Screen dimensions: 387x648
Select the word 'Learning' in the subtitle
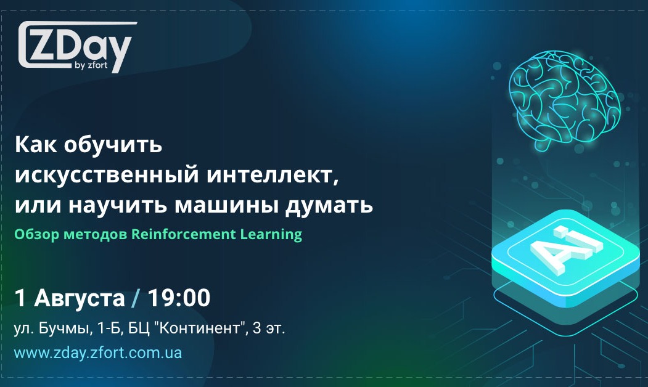[x=274, y=234]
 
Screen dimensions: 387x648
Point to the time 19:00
[x=179, y=299]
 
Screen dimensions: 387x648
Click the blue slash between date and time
[x=135, y=299]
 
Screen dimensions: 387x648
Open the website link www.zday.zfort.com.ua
[x=98, y=354]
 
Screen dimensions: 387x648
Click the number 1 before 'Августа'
[x=20, y=299]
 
